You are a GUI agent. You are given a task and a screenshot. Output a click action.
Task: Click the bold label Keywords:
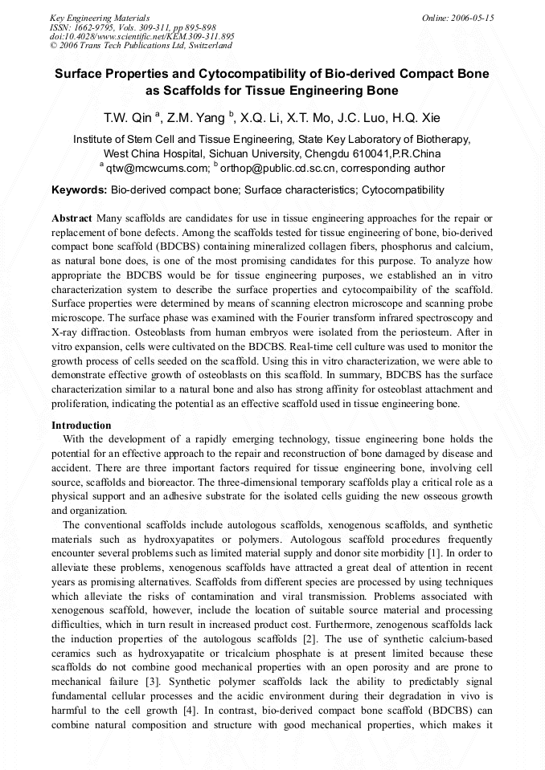pos(79,190)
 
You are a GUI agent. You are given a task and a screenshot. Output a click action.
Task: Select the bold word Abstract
pos(72,218)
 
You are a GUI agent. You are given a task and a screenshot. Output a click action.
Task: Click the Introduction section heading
pos(81,425)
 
